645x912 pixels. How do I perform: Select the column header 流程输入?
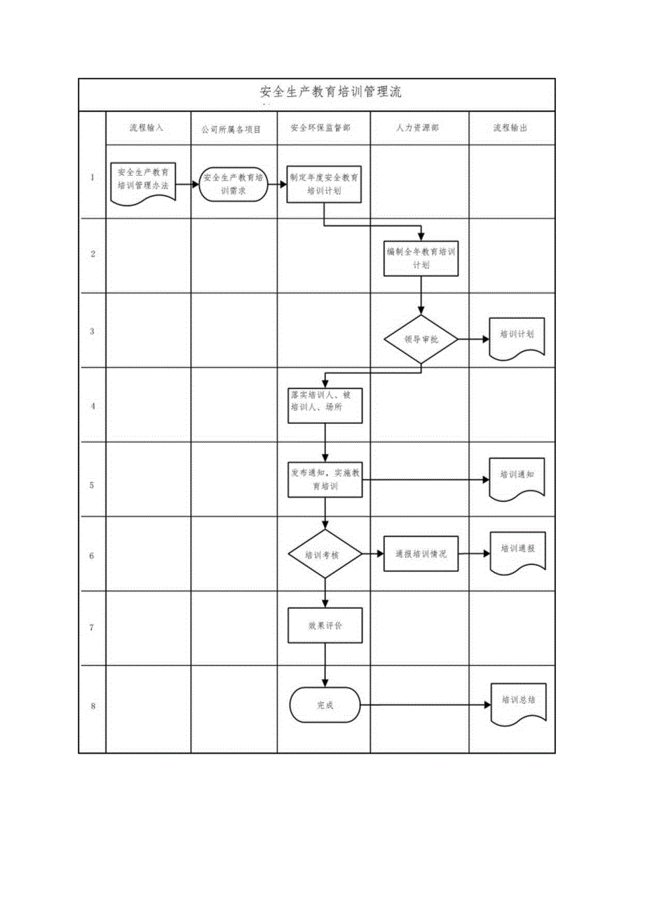(x=147, y=128)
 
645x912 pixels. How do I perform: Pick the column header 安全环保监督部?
(x=323, y=128)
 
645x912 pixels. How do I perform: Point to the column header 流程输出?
(x=510, y=128)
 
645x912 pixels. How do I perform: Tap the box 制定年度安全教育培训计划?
(x=325, y=184)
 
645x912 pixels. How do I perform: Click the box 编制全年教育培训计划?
(x=421, y=258)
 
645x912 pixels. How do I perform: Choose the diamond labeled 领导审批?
(x=421, y=339)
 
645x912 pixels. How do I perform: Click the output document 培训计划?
(x=517, y=336)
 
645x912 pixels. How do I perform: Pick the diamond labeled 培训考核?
(x=325, y=554)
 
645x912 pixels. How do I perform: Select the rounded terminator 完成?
(x=325, y=705)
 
